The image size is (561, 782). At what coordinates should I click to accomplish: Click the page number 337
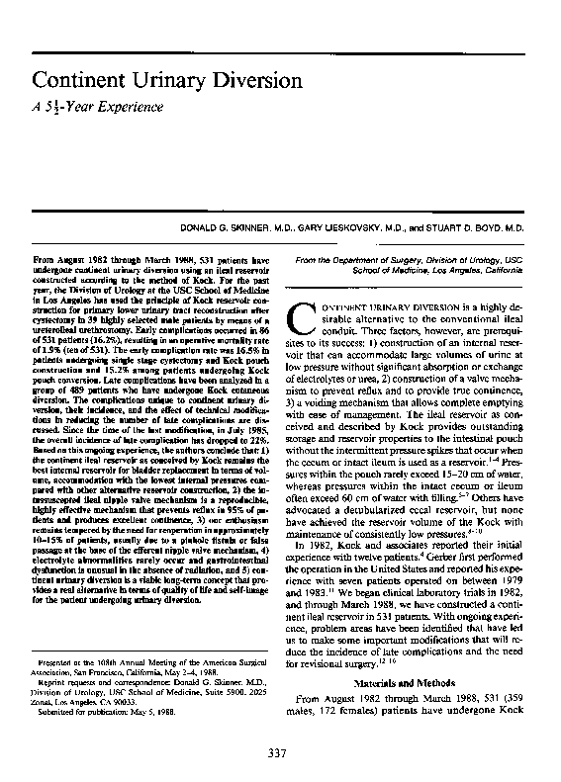[278, 756]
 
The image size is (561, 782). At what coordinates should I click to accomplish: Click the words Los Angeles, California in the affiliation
[487, 268]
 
